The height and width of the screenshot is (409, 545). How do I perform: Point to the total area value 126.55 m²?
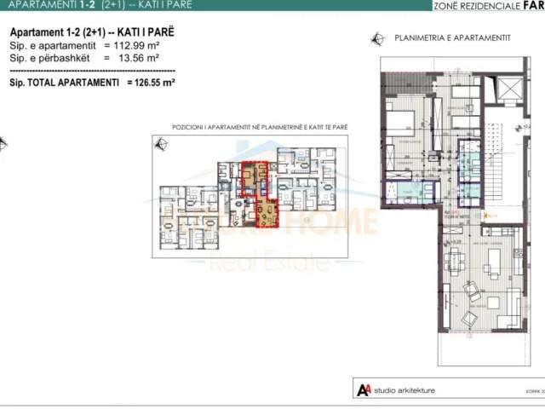(151, 84)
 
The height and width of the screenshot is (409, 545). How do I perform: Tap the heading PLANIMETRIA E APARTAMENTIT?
(439, 38)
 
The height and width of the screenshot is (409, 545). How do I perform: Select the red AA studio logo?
(364, 390)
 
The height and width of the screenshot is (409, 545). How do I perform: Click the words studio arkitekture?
(410, 390)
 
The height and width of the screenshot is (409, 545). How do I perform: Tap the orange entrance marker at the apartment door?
(486, 216)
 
